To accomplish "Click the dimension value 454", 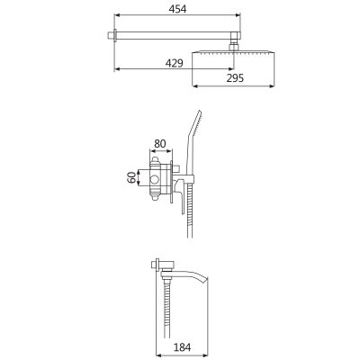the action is click(x=177, y=9).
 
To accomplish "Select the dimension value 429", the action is click(x=174, y=63).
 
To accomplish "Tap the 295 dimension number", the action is click(x=235, y=78).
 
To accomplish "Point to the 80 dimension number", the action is click(x=159, y=144).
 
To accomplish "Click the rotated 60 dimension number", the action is click(x=131, y=177).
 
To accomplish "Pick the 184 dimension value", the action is click(x=182, y=347).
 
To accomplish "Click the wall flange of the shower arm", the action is click(x=111, y=35).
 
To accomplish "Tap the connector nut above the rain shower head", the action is click(x=234, y=47).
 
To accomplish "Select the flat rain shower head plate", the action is click(x=233, y=52).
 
